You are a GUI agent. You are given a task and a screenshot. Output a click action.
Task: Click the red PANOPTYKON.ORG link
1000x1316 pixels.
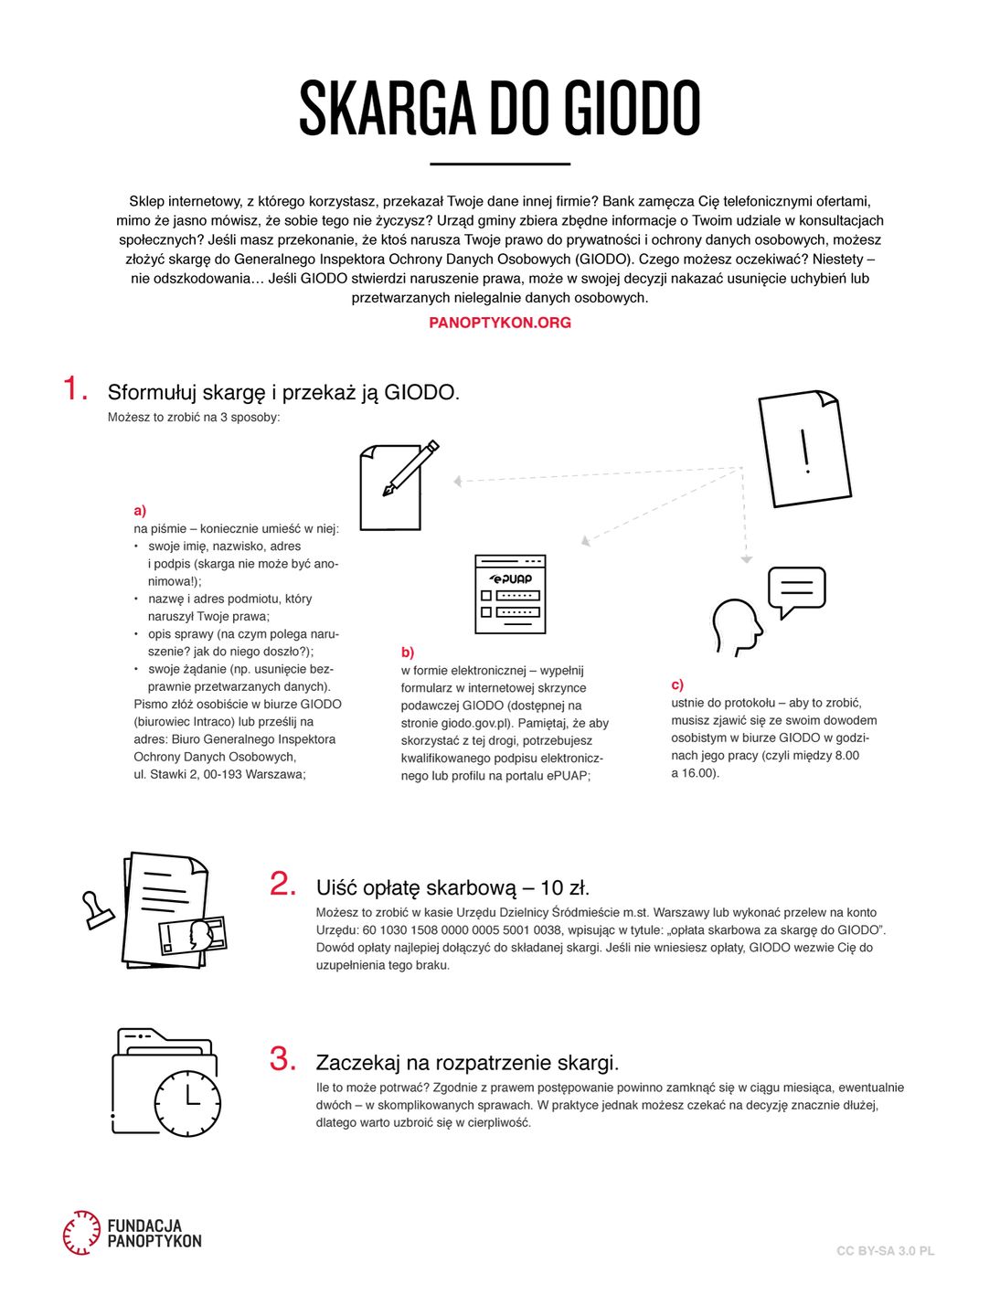tap(499, 323)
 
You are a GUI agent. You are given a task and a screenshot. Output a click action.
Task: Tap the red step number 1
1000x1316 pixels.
tap(75, 388)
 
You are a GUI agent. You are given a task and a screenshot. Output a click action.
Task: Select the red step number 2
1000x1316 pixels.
tap(282, 884)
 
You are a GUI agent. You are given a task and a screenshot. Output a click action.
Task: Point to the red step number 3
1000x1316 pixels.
tap(282, 1059)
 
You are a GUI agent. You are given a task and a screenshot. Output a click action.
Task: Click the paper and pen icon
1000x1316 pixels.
tap(397, 485)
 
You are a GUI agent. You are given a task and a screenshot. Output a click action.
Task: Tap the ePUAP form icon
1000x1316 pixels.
tap(510, 594)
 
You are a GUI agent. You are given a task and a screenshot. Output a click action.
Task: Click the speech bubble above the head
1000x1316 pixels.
tap(796, 589)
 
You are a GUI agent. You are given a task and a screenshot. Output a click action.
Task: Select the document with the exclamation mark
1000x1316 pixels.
tap(804, 449)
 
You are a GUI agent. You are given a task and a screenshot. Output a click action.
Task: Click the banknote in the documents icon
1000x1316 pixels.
tap(193, 936)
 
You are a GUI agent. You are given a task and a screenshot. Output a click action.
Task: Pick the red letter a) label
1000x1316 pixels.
tap(140, 511)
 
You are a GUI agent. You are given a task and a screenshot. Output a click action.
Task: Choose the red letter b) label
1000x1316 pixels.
tap(407, 653)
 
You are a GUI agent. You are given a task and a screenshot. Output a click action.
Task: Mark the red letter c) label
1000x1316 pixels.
tap(677, 685)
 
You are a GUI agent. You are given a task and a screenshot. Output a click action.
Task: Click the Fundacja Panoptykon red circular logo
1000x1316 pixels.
tap(81, 1232)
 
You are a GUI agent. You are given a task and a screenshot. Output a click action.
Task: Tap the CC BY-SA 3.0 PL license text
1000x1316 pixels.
tap(885, 1251)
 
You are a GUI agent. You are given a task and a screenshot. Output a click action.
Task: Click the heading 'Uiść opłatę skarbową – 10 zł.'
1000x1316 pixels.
tap(452, 887)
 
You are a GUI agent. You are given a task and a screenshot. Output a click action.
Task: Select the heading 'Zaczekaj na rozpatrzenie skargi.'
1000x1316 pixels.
tap(467, 1063)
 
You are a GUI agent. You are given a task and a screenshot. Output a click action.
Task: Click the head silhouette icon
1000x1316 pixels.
tap(736, 626)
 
